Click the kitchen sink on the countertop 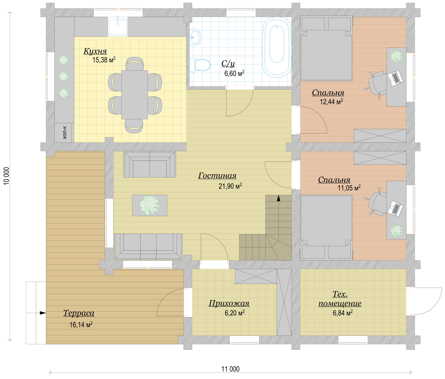118,27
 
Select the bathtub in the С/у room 277,47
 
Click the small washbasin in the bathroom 195,37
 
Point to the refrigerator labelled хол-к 64,133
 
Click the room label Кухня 95,51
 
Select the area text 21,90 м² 230,186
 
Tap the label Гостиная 217,176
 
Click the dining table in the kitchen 134,94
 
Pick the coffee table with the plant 149,205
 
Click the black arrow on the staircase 279,198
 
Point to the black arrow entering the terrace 43,313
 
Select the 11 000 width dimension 230,369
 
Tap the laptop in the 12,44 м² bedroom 395,78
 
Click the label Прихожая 229,303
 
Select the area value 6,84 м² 343,313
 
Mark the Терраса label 79,313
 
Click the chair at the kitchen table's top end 135,64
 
